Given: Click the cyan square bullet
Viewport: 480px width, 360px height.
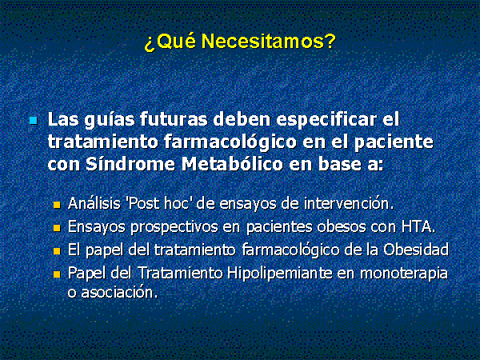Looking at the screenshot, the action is pyautogui.click(x=34, y=120).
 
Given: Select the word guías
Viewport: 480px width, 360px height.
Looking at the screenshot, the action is pyautogui.click(x=110, y=120).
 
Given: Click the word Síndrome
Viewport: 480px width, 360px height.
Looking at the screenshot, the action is pyautogui.click(x=130, y=164).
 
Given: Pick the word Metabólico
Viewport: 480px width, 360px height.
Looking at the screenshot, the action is pyautogui.click(x=232, y=164).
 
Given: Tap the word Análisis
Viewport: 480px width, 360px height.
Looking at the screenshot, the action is pyautogui.click(x=94, y=203).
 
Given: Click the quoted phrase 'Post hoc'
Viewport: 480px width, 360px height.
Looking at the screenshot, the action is pyautogui.click(x=161, y=203).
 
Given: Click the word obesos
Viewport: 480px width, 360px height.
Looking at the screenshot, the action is pyautogui.click(x=342, y=227).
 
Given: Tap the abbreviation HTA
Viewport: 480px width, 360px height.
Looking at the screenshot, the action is pyautogui.click(x=418, y=227).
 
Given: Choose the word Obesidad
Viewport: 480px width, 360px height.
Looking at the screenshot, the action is pyautogui.click(x=416, y=250).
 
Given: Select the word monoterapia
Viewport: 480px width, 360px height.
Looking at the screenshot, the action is pyautogui.click(x=404, y=274).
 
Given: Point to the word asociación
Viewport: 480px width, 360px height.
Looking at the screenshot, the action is pyautogui.click(x=119, y=292).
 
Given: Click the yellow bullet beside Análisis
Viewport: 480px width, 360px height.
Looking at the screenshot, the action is pyautogui.click(x=57, y=205).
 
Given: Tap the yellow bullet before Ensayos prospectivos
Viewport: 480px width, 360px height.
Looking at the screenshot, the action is pyautogui.click(x=57, y=228).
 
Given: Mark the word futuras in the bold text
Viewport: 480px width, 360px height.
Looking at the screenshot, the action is pyautogui.click(x=174, y=119).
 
